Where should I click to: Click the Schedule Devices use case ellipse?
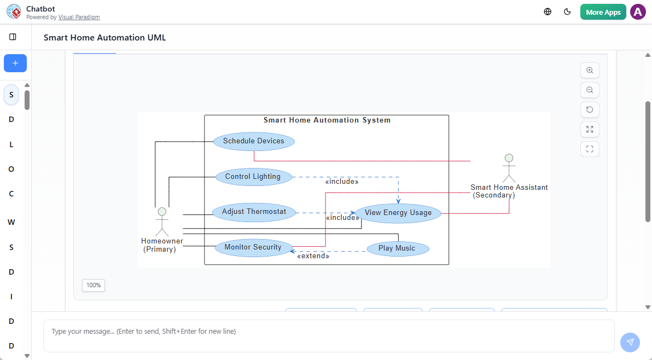pyautogui.click(x=253, y=141)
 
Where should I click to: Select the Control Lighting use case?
pyautogui.click(x=252, y=177)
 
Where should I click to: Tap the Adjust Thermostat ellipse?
pyautogui.click(x=254, y=212)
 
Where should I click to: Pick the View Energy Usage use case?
pyautogui.click(x=398, y=213)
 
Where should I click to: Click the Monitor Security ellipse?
pyautogui.click(x=253, y=247)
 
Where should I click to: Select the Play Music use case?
pyautogui.click(x=397, y=248)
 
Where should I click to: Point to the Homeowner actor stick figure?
pyautogui.click(x=162, y=222)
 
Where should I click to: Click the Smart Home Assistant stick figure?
pyautogui.click(x=509, y=168)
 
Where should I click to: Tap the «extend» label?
pyautogui.click(x=313, y=256)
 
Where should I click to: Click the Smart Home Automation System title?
pyautogui.click(x=327, y=120)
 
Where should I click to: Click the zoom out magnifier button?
pyautogui.click(x=590, y=90)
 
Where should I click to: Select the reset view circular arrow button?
pyautogui.click(x=590, y=110)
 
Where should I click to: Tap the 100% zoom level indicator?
pyautogui.click(x=94, y=285)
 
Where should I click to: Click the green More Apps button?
pyautogui.click(x=603, y=12)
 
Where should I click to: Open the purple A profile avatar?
pyautogui.click(x=638, y=12)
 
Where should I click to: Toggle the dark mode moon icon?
pyautogui.click(x=567, y=12)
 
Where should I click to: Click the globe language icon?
pyautogui.click(x=548, y=12)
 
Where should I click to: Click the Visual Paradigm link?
pyautogui.click(x=79, y=18)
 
